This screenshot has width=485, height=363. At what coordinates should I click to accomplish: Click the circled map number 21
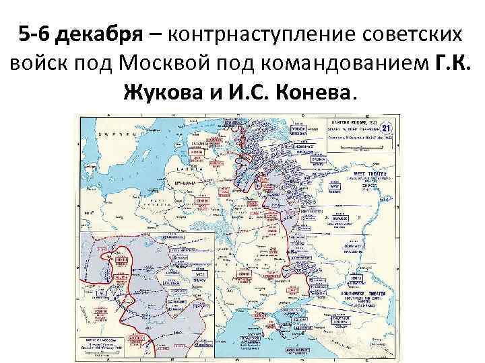point(386,128)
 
